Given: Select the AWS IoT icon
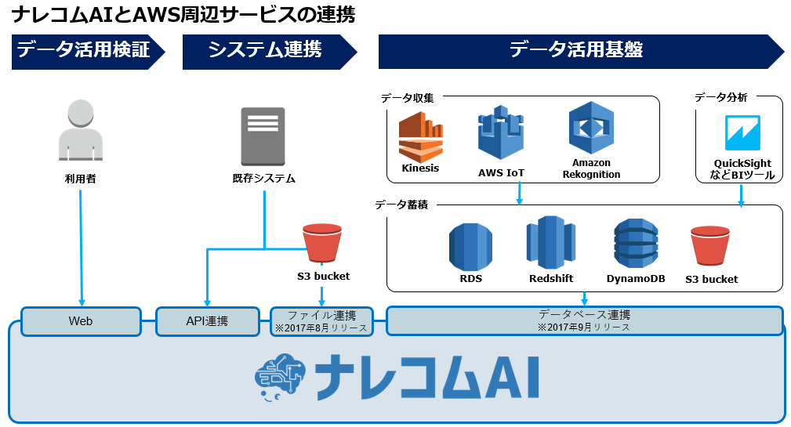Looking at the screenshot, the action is pyautogui.click(x=501, y=132).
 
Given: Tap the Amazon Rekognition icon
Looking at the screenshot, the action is pyautogui.click(x=591, y=128).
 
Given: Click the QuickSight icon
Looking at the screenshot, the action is pyautogui.click(x=742, y=133).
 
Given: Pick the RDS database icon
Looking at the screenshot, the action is pyautogui.click(x=470, y=247).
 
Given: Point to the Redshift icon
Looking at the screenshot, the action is pyautogui.click(x=551, y=242).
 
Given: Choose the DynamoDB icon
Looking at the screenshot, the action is pyautogui.click(x=636, y=244).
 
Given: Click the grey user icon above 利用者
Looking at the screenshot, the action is pyautogui.click(x=81, y=130).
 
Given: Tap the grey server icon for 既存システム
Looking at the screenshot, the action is pyautogui.click(x=263, y=136).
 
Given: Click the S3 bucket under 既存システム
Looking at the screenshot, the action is pyautogui.click(x=322, y=243).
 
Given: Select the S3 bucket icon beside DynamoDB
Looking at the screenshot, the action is pyautogui.click(x=710, y=245).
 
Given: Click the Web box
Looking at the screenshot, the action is pyautogui.click(x=81, y=321).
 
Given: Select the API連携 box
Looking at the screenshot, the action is pyautogui.click(x=207, y=321).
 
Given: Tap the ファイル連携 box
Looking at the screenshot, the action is pyautogui.click(x=322, y=321).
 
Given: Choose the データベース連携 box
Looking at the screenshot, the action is pyautogui.click(x=584, y=320).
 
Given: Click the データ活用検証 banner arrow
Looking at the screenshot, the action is pyautogui.click(x=89, y=52).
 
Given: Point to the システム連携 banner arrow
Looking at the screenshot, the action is pyautogui.click(x=270, y=52).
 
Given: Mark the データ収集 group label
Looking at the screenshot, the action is pyautogui.click(x=407, y=98).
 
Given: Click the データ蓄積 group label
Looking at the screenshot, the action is pyautogui.click(x=401, y=204).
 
